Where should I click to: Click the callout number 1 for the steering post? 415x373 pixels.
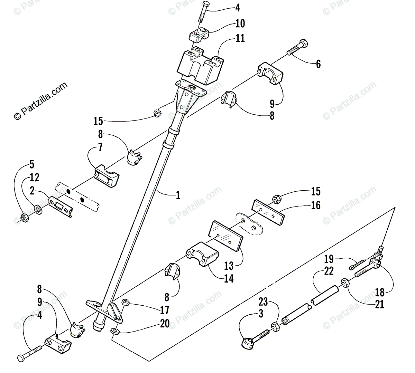click(x=178, y=196)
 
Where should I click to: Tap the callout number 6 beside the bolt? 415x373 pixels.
click(x=318, y=64)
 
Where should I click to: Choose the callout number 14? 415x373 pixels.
click(x=228, y=278)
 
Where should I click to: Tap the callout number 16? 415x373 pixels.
click(x=315, y=205)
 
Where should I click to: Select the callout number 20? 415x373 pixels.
click(x=165, y=324)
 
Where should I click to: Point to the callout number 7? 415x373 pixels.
click(x=100, y=148)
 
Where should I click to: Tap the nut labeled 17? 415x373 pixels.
click(x=126, y=303)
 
